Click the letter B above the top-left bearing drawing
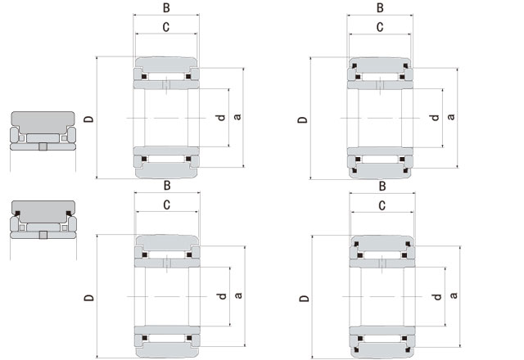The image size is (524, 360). pos(166,7)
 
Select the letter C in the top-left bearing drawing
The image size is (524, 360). pos(166,27)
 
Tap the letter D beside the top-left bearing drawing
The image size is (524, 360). pos(88,118)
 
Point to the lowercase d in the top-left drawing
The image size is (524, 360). pos(220,118)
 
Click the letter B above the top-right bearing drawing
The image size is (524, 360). pos(380,7)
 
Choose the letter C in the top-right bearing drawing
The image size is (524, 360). pos(380,27)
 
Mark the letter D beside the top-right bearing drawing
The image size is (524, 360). pos(303,119)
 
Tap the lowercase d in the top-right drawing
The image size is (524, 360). pos(435,118)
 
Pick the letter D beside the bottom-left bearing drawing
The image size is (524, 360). pos(88,296)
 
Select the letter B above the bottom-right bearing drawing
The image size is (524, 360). pos(382,186)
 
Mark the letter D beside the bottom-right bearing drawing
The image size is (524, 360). pos(304,299)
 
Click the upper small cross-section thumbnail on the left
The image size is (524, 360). pos(42,132)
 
